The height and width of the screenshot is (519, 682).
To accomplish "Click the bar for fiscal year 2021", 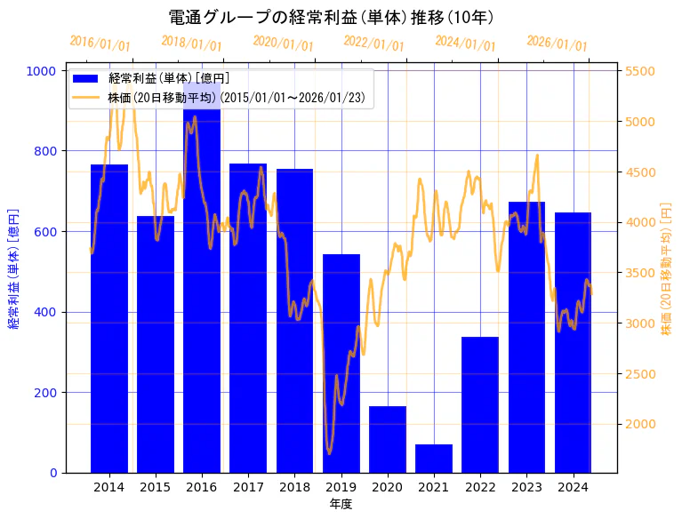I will tap(434, 459).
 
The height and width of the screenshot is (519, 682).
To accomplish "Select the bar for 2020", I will tap(388, 439).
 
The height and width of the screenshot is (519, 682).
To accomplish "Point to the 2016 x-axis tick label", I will tap(202, 487).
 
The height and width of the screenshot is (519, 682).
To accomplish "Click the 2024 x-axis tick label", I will tap(573, 487).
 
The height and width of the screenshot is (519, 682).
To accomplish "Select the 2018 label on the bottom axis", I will tap(294, 487).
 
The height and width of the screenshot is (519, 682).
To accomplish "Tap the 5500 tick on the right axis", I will tap(640, 71).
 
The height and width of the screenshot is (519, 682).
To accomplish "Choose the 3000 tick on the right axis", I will tap(640, 323).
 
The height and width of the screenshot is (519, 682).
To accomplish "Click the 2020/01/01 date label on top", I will tap(283, 44).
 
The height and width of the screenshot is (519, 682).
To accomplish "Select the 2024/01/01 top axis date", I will tap(465, 44).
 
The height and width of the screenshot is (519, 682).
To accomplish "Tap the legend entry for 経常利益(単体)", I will tap(169, 79).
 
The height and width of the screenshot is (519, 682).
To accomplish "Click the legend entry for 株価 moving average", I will tap(237, 97).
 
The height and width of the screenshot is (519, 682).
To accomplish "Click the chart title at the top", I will tap(331, 17).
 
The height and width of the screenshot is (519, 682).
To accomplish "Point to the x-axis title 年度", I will tap(341, 504).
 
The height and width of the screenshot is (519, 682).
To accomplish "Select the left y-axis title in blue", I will tap(13, 271).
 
